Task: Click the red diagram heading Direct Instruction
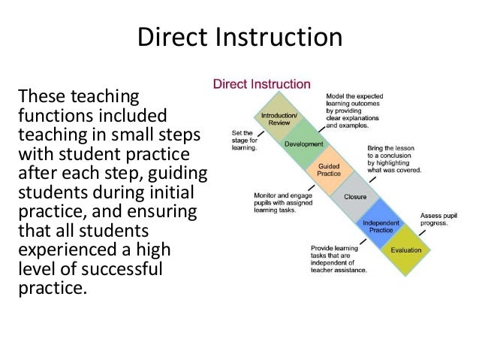pos(261,83)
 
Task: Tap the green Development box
pos(303,144)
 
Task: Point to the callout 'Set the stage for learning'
pos(244,141)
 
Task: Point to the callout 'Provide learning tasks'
pos(339,259)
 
